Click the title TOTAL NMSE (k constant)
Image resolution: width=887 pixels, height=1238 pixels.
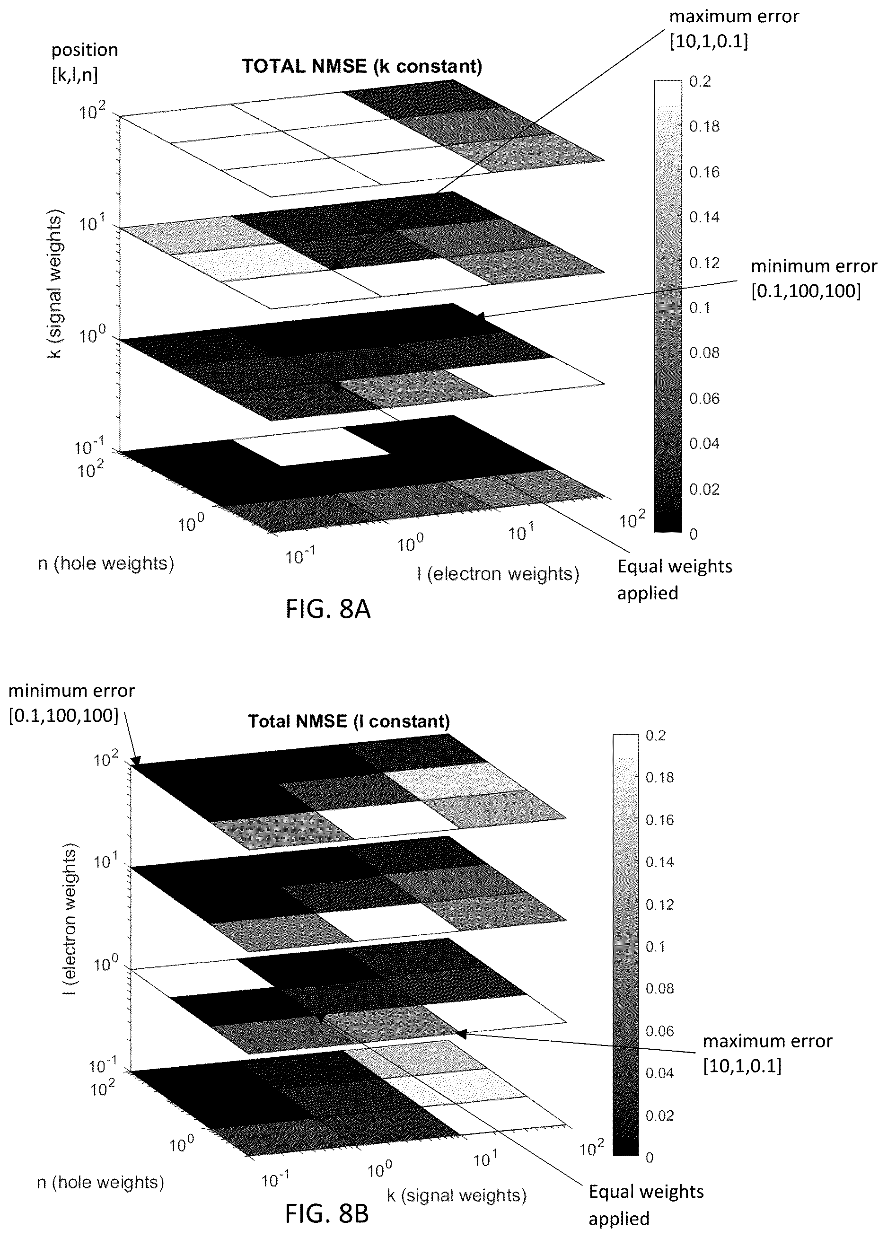pos(362,67)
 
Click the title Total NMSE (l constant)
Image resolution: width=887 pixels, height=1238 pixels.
pos(349,721)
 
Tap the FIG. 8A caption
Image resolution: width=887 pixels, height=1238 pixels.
pos(328,609)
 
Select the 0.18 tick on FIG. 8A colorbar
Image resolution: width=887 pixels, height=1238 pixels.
pos(704,127)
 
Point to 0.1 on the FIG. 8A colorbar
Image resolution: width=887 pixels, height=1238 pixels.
pos(700,308)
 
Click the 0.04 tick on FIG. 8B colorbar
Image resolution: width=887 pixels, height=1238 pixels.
pos(659,1072)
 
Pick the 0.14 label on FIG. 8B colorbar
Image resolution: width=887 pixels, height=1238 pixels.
pos(659,862)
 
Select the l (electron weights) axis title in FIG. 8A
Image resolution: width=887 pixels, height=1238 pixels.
pos(498,574)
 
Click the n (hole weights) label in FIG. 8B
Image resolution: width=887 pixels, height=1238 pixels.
pos(100,1182)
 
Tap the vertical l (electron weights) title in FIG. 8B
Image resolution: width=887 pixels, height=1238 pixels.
pos(70,919)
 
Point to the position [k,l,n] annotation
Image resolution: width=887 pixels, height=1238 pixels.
pos(85,62)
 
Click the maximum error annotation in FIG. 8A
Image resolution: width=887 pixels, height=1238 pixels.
pos(734,29)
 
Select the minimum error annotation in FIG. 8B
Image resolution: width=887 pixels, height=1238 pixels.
pos(71,703)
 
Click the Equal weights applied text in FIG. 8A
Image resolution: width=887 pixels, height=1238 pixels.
pos(675,579)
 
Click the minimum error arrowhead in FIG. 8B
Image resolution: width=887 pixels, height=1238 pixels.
pos(135,761)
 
